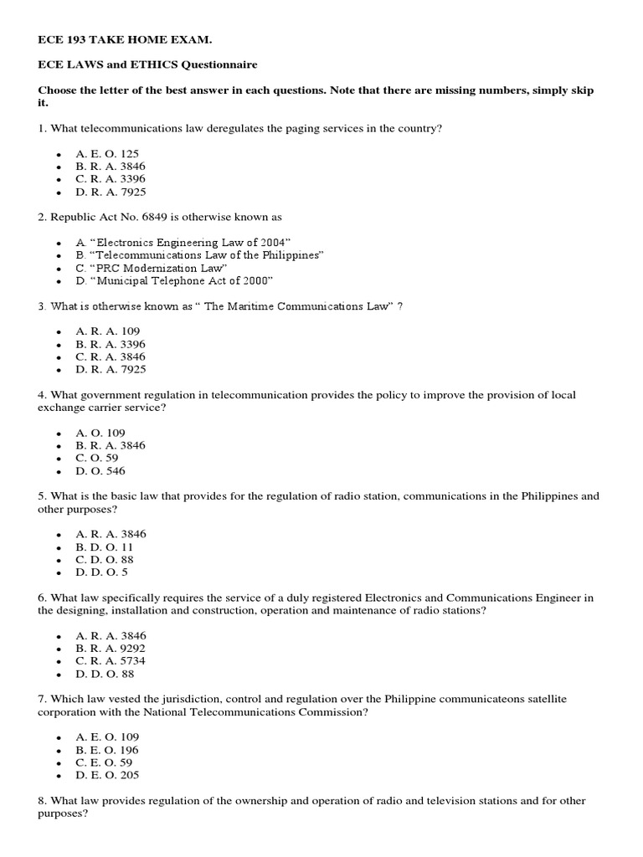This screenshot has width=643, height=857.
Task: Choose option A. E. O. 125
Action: pos(107,154)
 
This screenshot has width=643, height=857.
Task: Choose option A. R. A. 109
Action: pos(107,331)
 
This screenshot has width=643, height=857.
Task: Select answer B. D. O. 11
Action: pos(104,547)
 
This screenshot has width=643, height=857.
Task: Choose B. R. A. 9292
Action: pos(111,648)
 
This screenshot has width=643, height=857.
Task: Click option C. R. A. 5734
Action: pos(111,661)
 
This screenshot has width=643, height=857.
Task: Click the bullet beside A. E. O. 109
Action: pos(59,738)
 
